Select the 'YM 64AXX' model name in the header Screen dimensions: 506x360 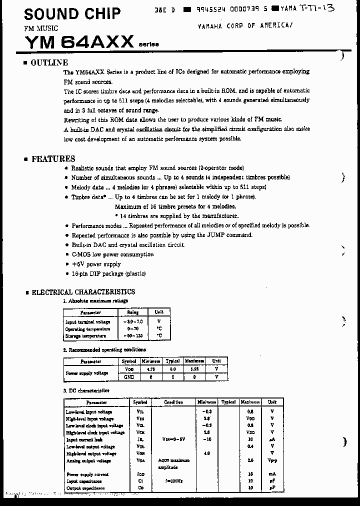[78, 41]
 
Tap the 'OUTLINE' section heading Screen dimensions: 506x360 [49, 62]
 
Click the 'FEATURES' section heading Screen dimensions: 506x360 [53, 159]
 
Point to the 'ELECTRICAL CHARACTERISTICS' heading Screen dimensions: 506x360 [83, 292]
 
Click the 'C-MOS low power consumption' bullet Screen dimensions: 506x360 [112, 254]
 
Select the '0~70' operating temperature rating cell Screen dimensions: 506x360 [133, 329]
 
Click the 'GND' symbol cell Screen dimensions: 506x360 [129, 377]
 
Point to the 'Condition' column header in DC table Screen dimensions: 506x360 [173, 402]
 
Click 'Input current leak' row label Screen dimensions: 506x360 [84, 440]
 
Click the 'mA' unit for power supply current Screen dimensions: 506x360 [272, 474]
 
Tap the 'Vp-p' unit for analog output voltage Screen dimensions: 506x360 [272, 460]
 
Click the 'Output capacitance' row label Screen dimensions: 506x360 [85, 488]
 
